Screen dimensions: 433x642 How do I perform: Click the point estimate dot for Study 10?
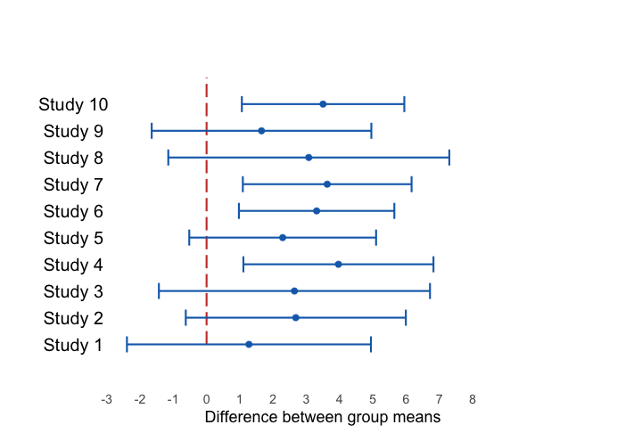click(x=323, y=104)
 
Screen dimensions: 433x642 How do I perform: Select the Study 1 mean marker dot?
click(x=249, y=345)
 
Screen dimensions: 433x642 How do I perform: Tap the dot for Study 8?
click(x=309, y=158)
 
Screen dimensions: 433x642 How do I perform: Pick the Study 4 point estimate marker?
click(x=338, y=265)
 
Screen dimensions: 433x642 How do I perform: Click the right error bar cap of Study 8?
click(x=449, y=158)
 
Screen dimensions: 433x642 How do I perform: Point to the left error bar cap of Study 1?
click(x=127, y=345)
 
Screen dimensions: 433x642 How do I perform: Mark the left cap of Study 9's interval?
click(x=152, y=131)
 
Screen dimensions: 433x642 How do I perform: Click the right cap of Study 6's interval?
click(x=394, y=211)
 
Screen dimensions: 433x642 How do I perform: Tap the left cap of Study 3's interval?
click(x=159, y=291)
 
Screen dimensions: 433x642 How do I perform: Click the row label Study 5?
click(x=73, y=238)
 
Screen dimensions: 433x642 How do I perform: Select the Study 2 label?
click(x=73, y=318)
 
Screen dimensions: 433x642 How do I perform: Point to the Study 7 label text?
click(x=73, y=184)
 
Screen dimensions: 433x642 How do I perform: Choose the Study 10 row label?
click(x=73, y=104)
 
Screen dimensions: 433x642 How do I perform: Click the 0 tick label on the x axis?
click(x=206, y=399)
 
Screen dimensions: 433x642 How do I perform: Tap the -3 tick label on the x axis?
click(x=106, y=399)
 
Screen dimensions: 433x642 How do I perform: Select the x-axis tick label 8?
click(x=472, y=399)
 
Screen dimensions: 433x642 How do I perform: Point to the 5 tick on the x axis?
click(x=372, y=399)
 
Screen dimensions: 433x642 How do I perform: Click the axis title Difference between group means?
click(x=323, y=417)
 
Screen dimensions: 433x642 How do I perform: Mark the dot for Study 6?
click(x=317, y=211)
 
